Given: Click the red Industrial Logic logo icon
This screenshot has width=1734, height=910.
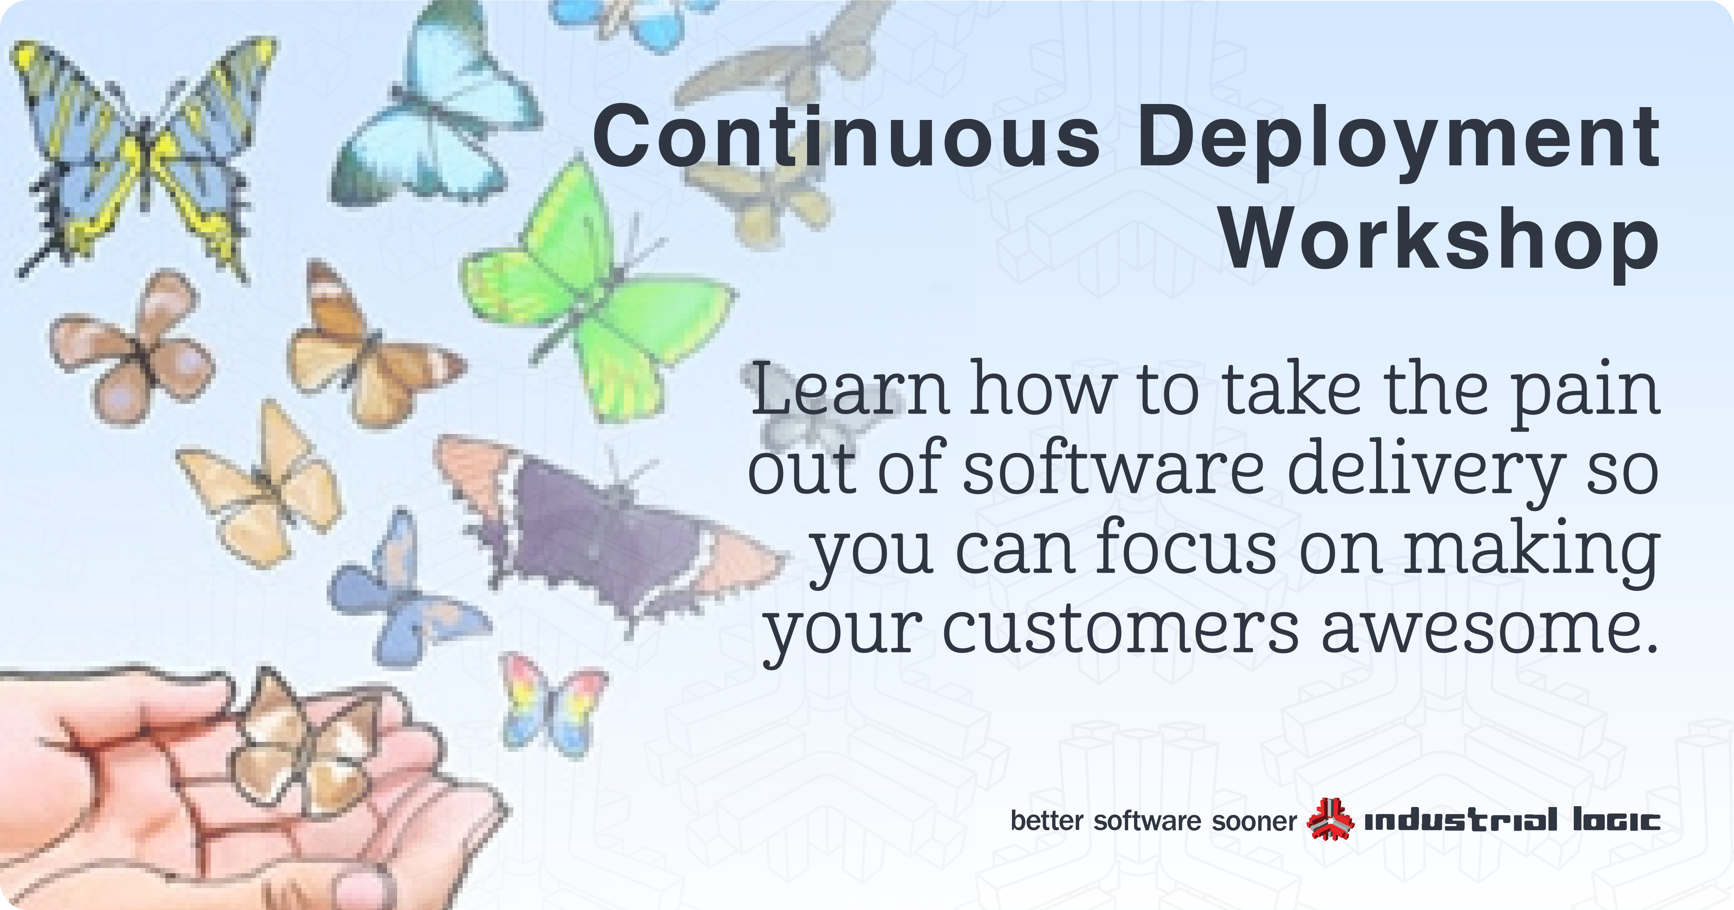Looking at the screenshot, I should pyautogui.click(x=1329, y=820).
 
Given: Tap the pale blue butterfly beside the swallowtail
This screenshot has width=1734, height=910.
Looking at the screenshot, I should pyautogui.click(x=431, y=114).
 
